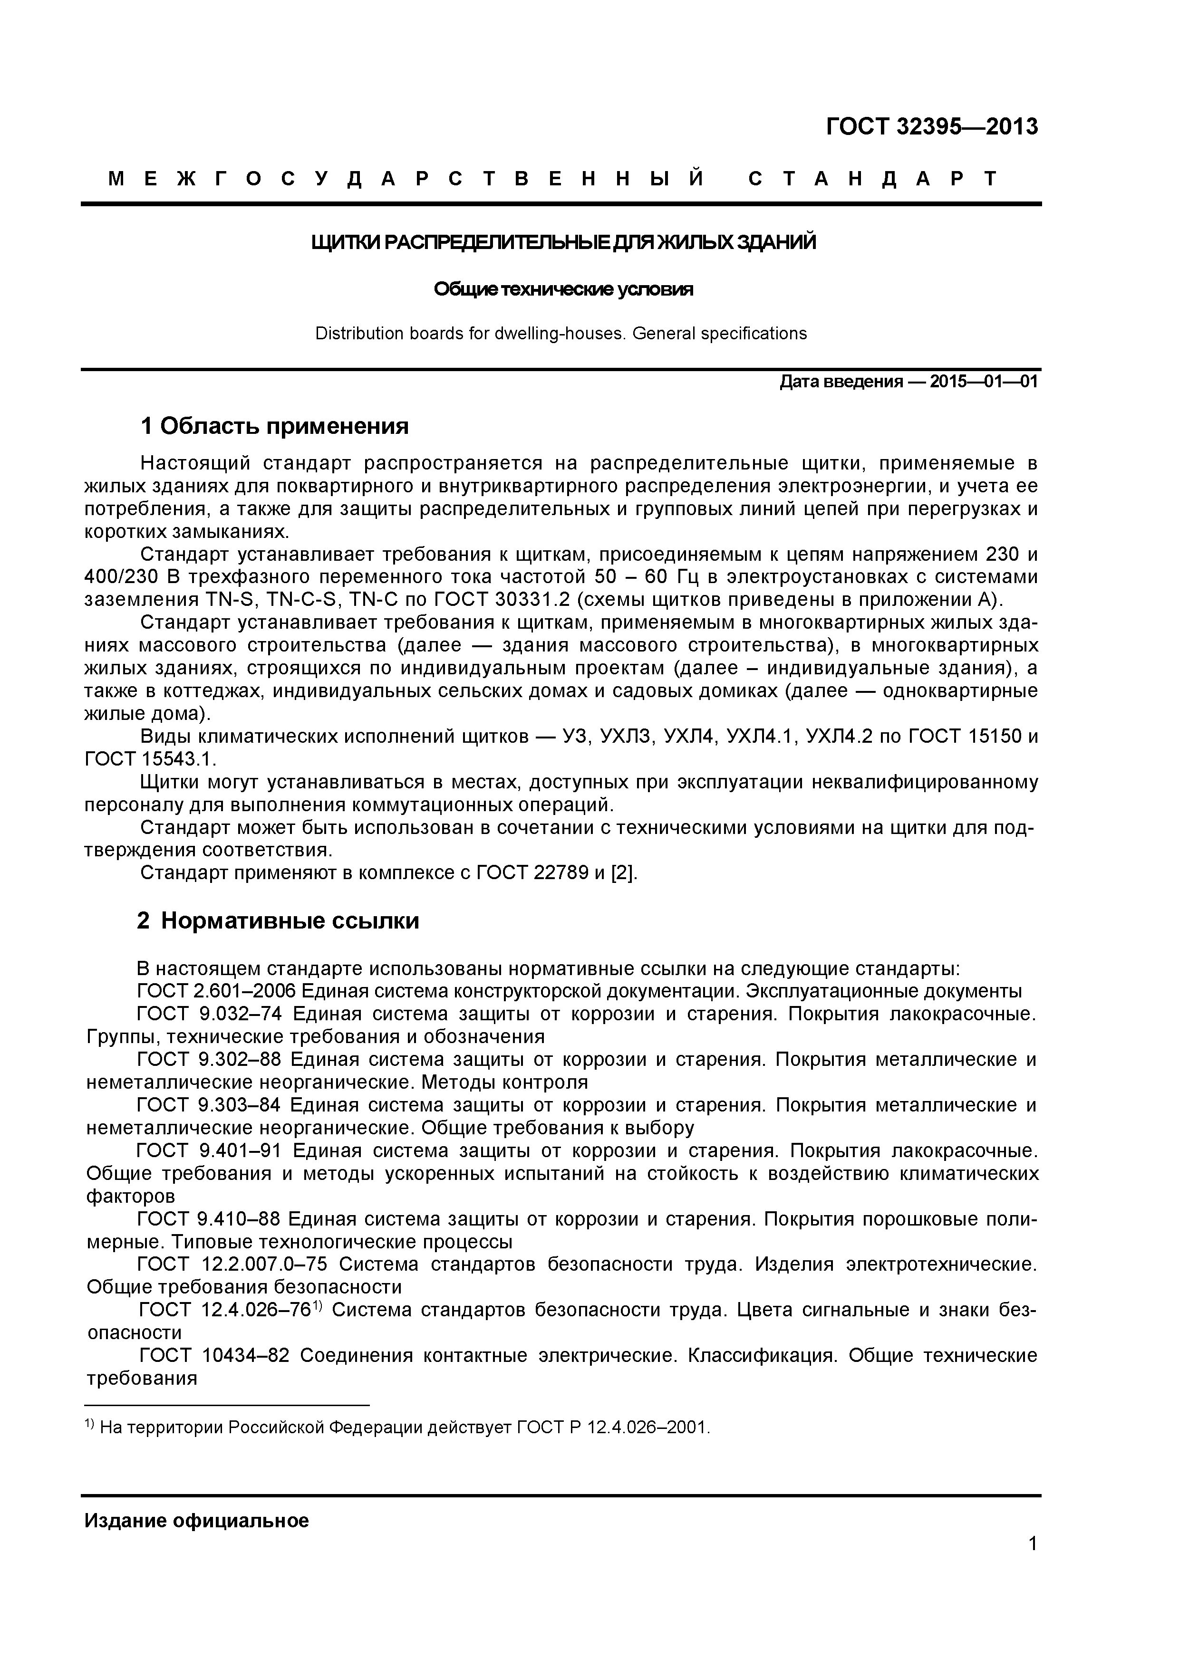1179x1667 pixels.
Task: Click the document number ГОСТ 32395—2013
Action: click(x=931, y=127)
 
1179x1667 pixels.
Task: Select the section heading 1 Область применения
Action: click(x=275, y=426)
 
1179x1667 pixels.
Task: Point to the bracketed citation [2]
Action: click(x=624, y=873)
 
